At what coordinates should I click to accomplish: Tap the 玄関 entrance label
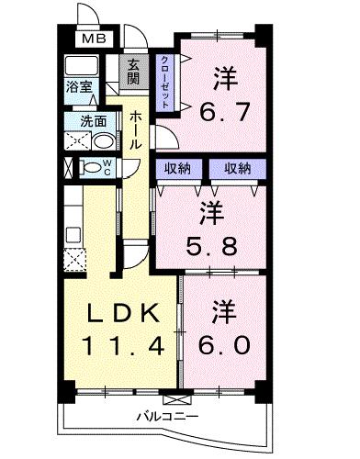[x=133, y=71]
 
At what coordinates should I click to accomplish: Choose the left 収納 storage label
[x=177, y=167]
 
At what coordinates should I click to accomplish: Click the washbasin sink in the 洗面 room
[x=104, y=141]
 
